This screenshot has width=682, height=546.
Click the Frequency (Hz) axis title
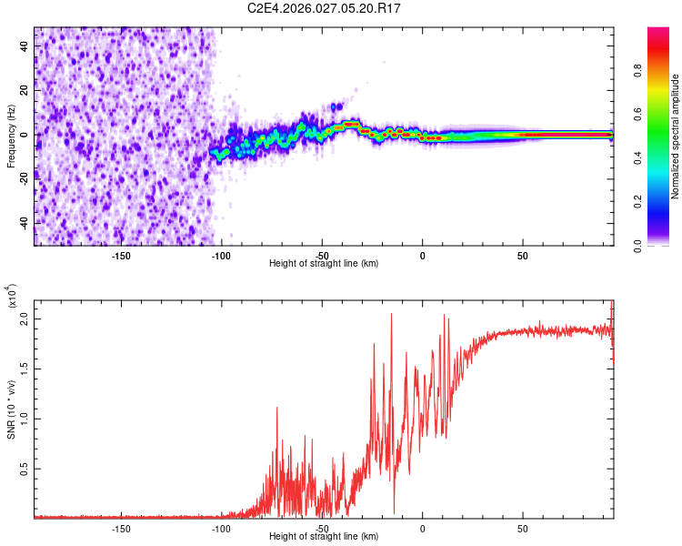(12, 136)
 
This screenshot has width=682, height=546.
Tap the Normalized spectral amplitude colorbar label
(676, 137)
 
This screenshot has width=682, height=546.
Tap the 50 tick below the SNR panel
(522, 527)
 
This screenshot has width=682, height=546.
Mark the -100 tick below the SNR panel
(221, 527)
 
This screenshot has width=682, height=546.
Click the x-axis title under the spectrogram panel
(324, 264)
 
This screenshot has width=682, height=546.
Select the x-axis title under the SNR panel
(324, 537)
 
